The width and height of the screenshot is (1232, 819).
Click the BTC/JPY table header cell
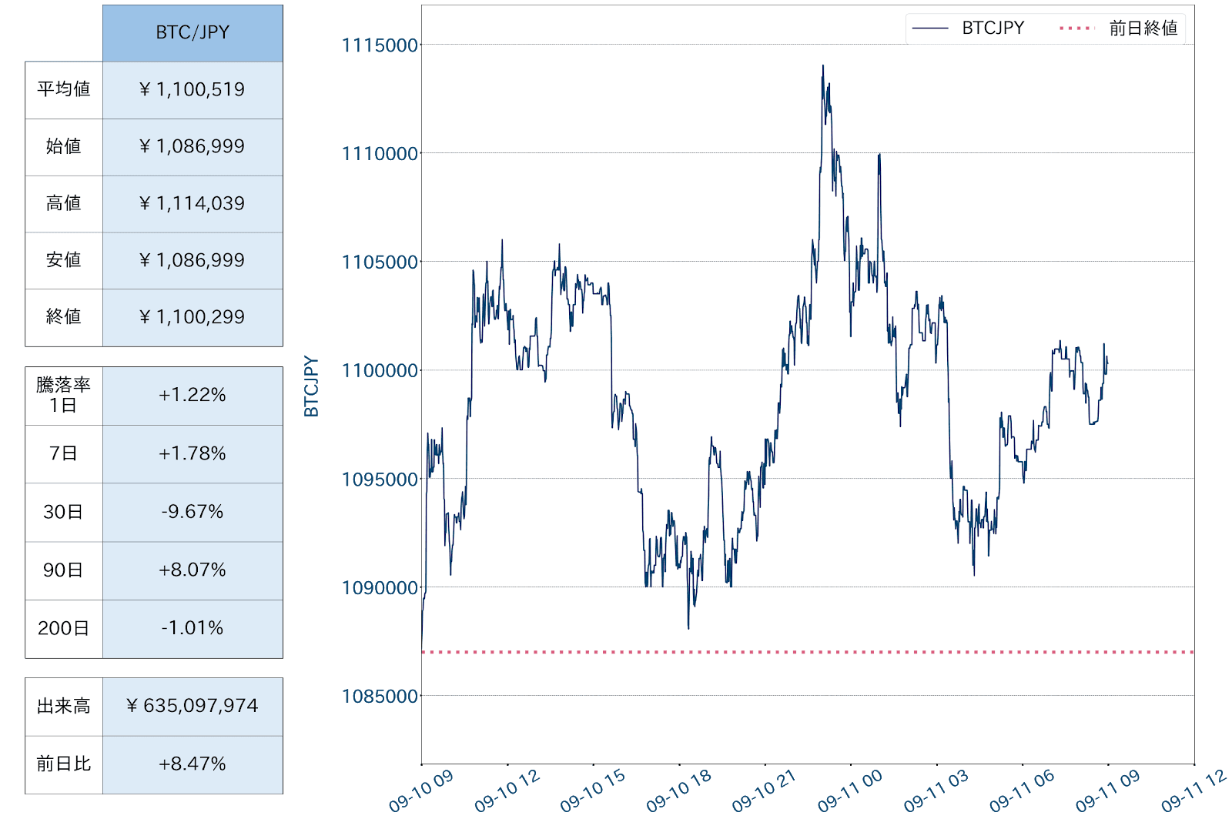192,32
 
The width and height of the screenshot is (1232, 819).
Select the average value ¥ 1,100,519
192,89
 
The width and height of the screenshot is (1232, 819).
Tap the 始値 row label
64,146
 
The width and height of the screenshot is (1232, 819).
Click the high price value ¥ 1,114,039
192,203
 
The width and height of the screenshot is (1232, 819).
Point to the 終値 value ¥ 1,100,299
192,317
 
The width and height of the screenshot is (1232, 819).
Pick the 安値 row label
64,260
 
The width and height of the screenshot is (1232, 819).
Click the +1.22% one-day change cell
192,395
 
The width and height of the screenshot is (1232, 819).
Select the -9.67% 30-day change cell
192,512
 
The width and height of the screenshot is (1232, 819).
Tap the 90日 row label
64,570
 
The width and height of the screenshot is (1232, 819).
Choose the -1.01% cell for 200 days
192,628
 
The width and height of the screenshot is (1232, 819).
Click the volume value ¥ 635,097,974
192,706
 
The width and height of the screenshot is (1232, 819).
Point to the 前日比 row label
64,764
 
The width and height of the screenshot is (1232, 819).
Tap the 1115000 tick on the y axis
380,45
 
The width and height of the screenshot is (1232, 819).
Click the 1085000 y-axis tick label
380,697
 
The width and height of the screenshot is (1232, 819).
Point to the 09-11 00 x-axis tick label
849,791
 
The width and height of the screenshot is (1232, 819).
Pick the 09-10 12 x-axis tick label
507,791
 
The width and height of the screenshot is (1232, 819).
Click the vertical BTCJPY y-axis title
311,386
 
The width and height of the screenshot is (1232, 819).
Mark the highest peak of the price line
822,66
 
